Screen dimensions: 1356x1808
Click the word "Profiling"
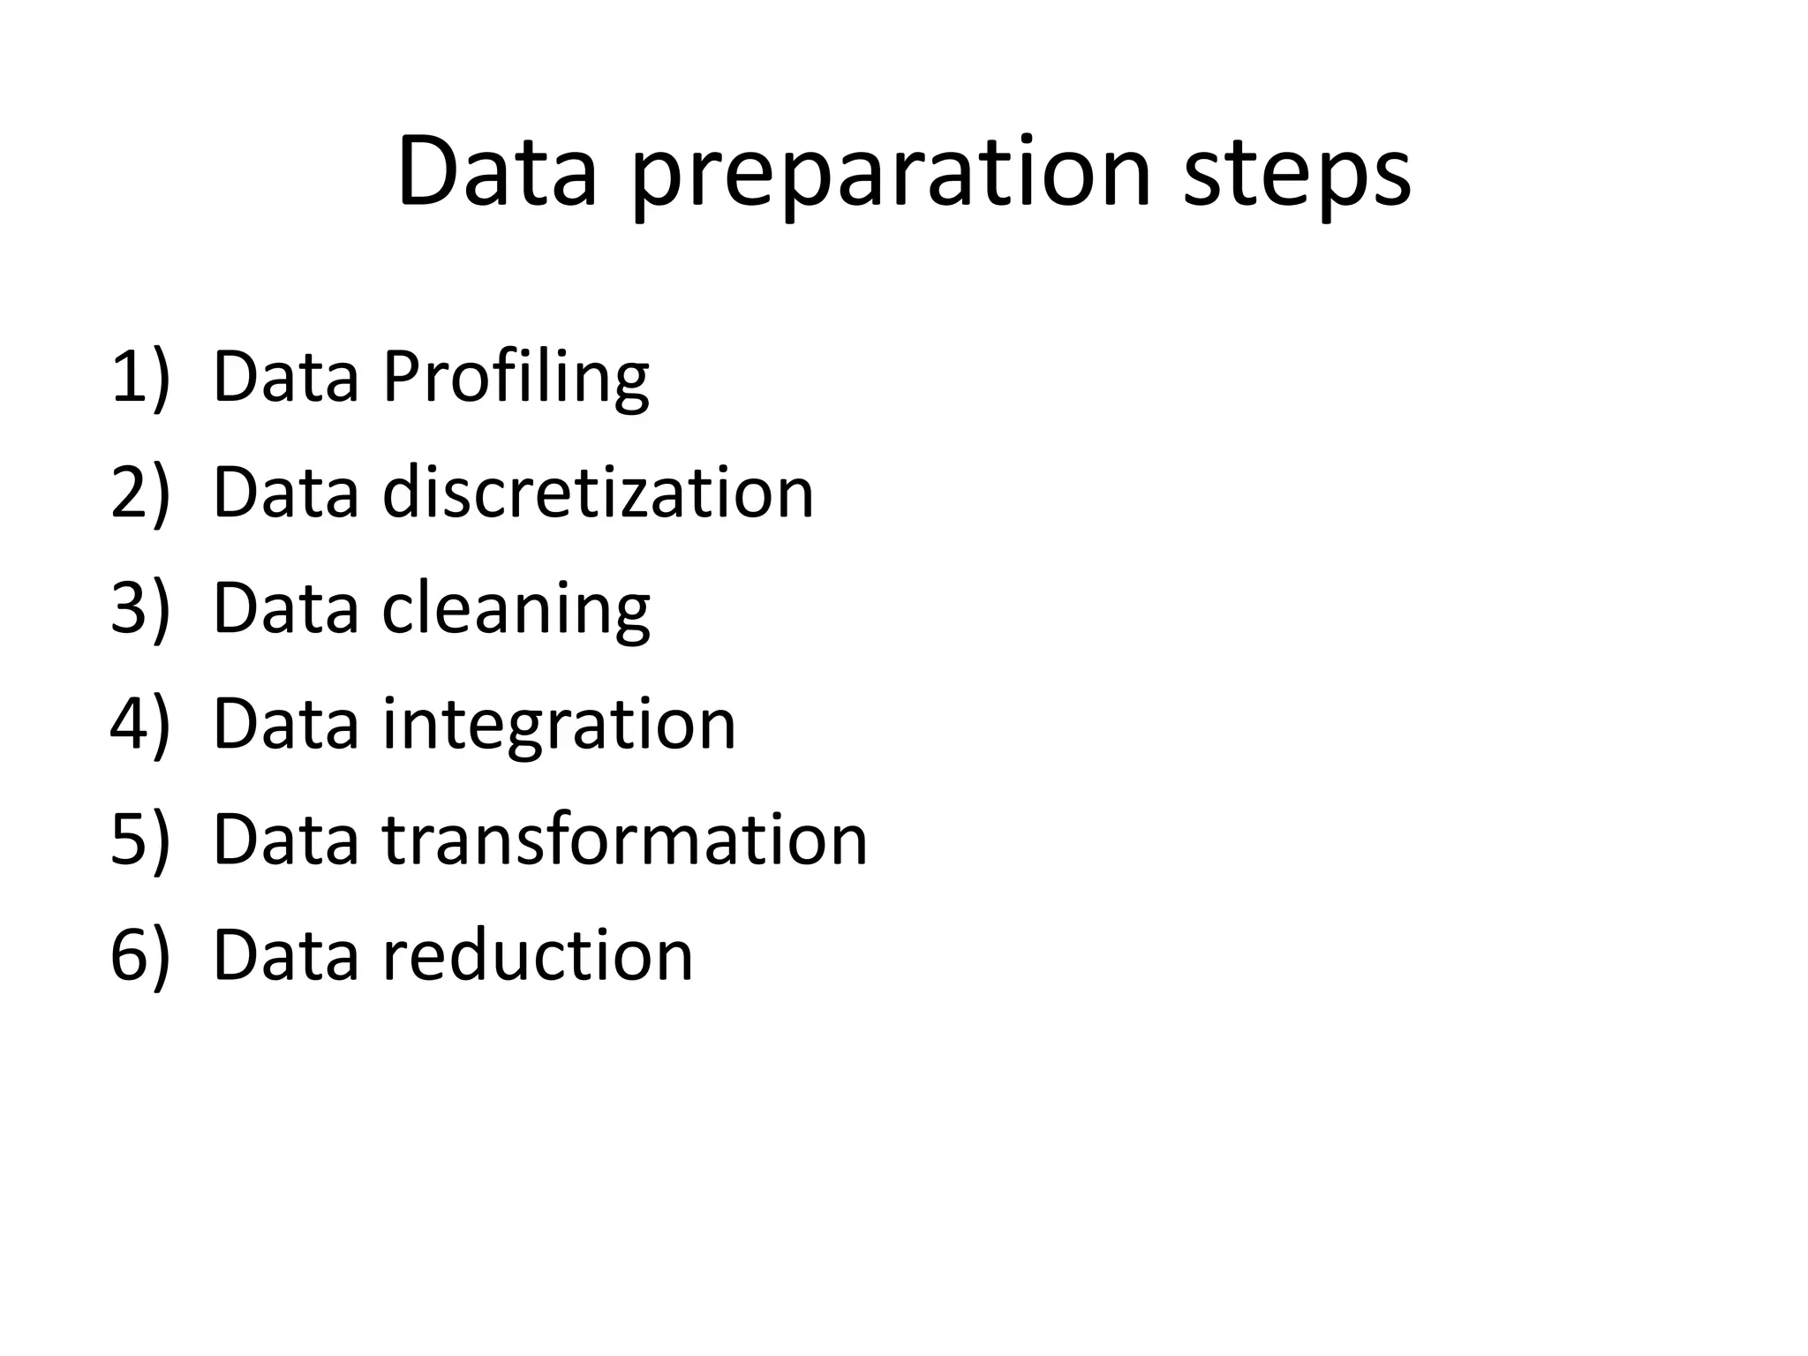point(516,378)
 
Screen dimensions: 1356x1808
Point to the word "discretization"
point(598,492)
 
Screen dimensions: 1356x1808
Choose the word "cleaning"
point(516,609)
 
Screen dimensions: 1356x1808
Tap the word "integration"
point(559,725)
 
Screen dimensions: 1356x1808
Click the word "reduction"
point(538,954)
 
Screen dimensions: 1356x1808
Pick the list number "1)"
point(139,378)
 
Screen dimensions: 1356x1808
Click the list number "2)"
point(139,493)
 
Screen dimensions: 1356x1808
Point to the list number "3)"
point(139,609)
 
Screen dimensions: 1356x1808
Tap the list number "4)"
point(139,725)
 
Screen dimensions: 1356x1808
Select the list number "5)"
point(139,840)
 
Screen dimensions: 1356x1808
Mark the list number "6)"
point(139,956)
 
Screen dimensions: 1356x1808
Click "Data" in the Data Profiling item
point(286,377)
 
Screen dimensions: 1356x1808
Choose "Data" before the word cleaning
point(286,608)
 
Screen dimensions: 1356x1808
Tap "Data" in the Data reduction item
point(286,954)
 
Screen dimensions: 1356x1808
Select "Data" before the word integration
point(286,724)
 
